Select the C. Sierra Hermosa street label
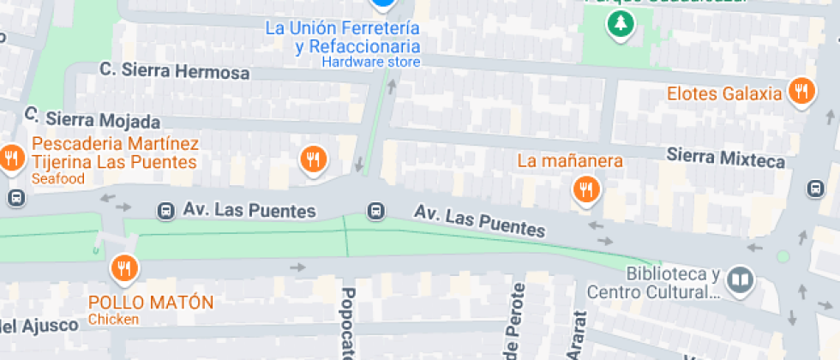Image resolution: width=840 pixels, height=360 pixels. pyautogui.click(x=175, y=71)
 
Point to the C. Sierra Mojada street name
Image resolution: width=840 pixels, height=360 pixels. pyautogui.click(x=93, y=118)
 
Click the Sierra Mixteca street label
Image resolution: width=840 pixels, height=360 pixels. pyautogui.click(x=725, y=159)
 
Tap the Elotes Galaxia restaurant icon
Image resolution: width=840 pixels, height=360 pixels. pyautogui.click(x=801, y=92)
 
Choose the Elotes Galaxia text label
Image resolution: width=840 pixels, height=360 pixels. pyautogui.click(x=724, y=93)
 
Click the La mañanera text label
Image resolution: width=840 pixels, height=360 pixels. pyautogui.click(x=569, y=160)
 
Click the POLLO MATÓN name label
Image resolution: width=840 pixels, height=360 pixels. pyautogui.click(x=151, y=303)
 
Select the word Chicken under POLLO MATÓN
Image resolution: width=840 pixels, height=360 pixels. pyautogui.click(x=113, y=321)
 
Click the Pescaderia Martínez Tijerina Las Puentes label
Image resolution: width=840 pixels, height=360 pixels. pyautogui.click(x=115, y=153)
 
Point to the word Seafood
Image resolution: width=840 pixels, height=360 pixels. pyautogui.click(x=58, y=179)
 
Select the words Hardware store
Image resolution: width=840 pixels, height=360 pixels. pyautogui.click(x=371, y=63)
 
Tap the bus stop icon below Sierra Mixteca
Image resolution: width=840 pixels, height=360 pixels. pyautogui.click(x=813, y=189)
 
